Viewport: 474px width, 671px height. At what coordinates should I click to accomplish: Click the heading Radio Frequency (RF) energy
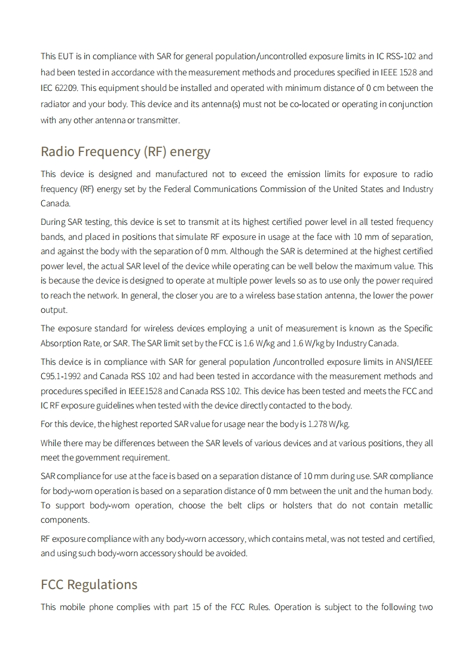(x=126, y=152)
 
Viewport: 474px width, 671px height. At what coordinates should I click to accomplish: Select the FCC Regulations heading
(x=89, y=585)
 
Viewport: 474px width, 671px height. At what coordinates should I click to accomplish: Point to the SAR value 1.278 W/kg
(x=328, y=424)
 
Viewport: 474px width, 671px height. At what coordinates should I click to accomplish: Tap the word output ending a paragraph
(x=54, y=310)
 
